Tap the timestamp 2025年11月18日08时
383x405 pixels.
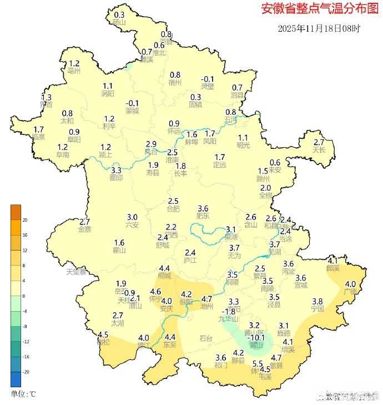[x=319, y=28]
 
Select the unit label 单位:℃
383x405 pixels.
[x=24, y=394]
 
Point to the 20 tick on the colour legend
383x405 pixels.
[x=25, y=220]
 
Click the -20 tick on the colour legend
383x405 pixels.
[x=25, y=372]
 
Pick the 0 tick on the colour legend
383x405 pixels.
[x=24, y=296]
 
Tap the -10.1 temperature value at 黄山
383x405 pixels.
[x=256, y=337]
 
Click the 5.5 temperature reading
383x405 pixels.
[x=258, y=364]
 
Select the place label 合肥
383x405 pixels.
[x=173, y=209]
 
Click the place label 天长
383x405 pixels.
[x=319, y=150]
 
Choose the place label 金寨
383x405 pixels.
[x=85, y=229]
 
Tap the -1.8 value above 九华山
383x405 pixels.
[x=229, y=312]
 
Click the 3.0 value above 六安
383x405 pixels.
[x=132, y=217]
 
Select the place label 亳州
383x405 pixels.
[x=74, y=71]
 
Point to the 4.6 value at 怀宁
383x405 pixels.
[x=156, y=291]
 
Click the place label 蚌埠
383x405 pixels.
[x=191, y=142]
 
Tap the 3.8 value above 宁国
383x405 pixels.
[x=318, y=301]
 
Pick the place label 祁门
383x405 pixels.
[x=221, y=365]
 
